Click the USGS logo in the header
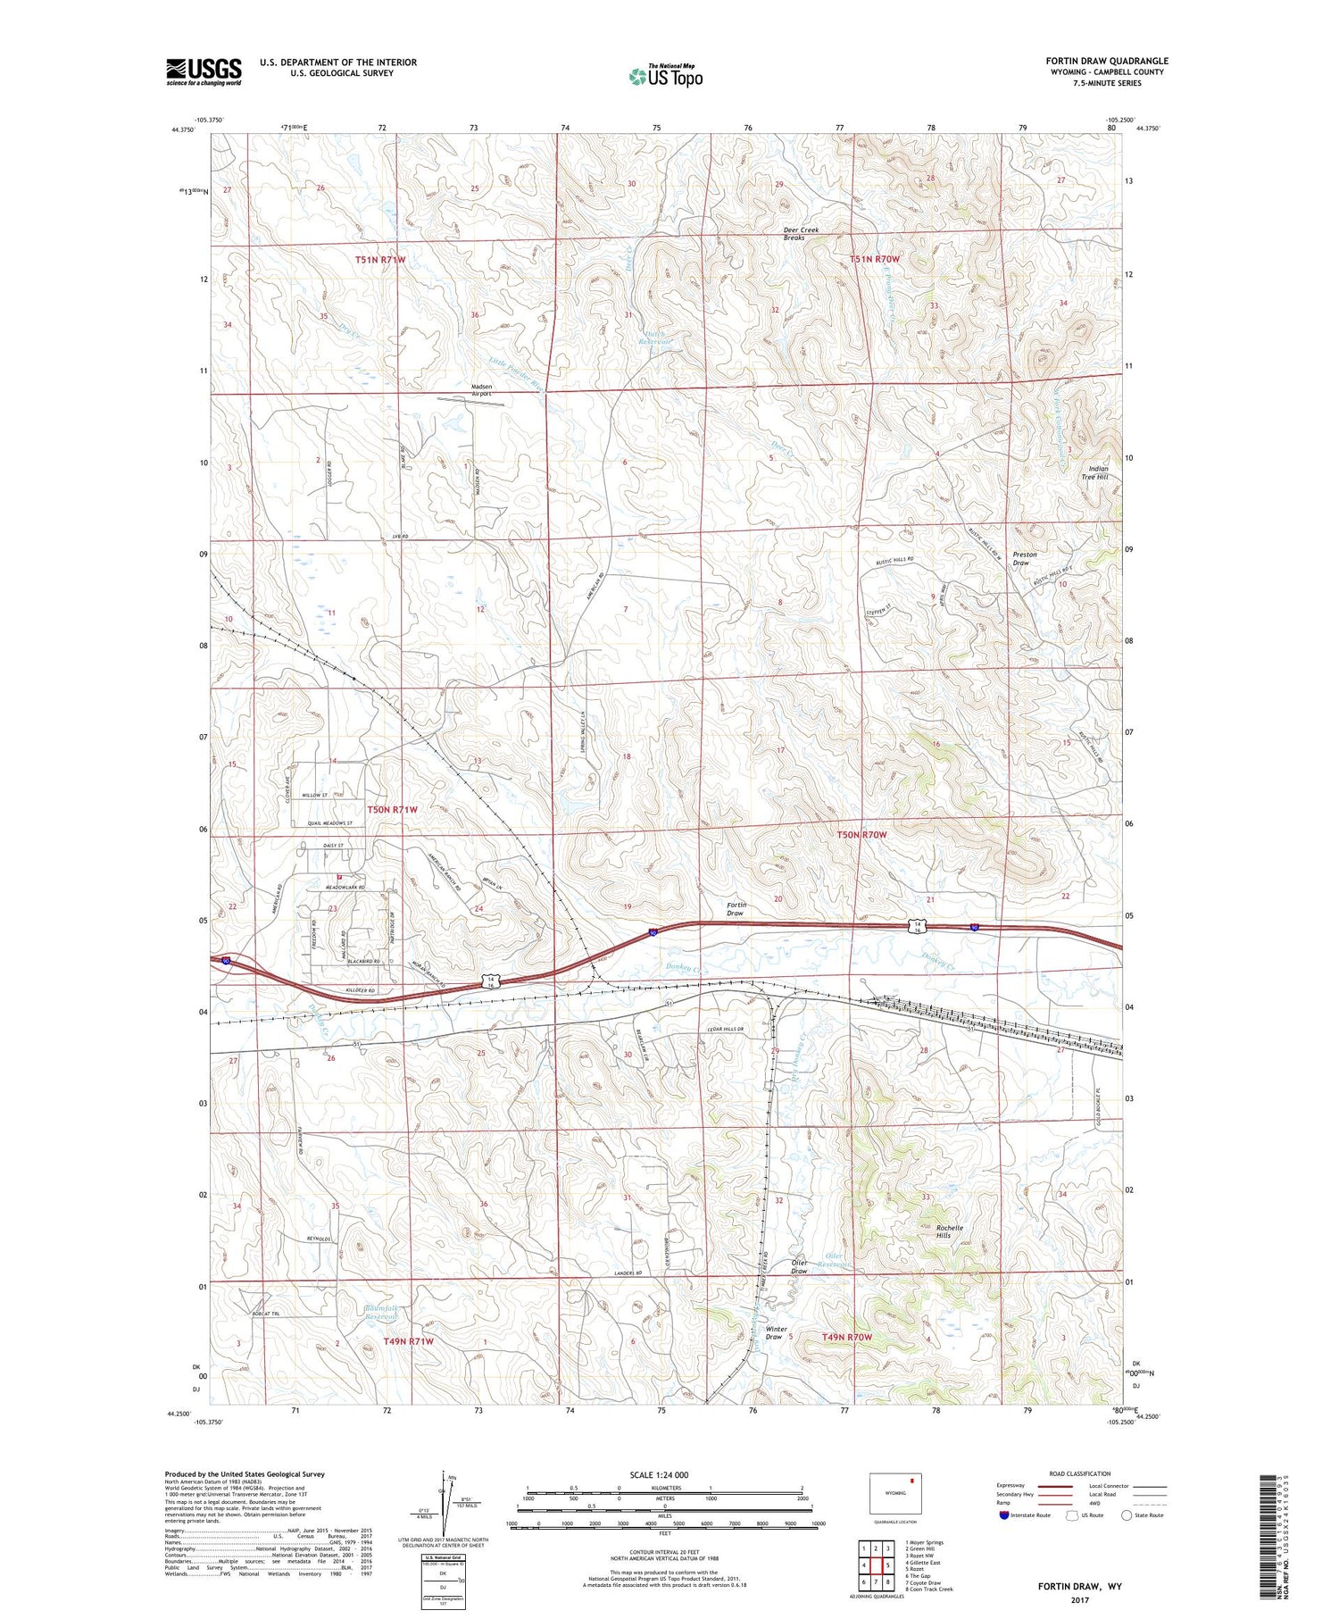tap(204, 71)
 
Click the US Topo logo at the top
tap(666, 76)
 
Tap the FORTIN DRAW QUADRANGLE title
tap(1107, 61)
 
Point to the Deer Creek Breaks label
tap(801, 234)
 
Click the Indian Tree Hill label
tap(1098, 473)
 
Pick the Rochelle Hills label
tap(949, 1231)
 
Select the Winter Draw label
tap(776, 1333)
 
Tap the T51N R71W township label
tap(380, 260)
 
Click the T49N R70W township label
tap(846, 1337)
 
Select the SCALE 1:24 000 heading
tap(659, 1474)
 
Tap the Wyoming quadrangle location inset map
tap(895, 1493)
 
